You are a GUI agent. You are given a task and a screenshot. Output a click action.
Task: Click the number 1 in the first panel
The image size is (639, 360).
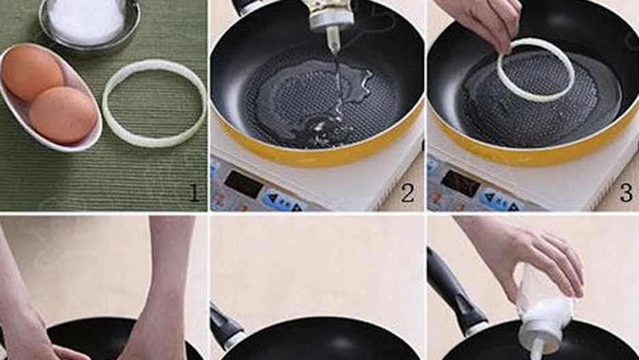coord(195,193)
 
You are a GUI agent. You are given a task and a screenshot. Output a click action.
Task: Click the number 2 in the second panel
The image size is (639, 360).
coord(408,193)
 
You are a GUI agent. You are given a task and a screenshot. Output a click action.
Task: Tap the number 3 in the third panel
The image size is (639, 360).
coord(627,193)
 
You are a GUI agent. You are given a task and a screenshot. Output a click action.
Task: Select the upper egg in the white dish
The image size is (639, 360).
coord(33,72)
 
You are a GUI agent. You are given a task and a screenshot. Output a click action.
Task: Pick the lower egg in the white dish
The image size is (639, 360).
coord(63,115)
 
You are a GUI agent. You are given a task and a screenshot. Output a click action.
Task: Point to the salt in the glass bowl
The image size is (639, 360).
coord(86,20)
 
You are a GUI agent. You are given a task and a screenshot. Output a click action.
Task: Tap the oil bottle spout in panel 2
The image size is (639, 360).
coord(333,40)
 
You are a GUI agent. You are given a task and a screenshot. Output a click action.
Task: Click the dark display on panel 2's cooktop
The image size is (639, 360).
coord(244,184)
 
